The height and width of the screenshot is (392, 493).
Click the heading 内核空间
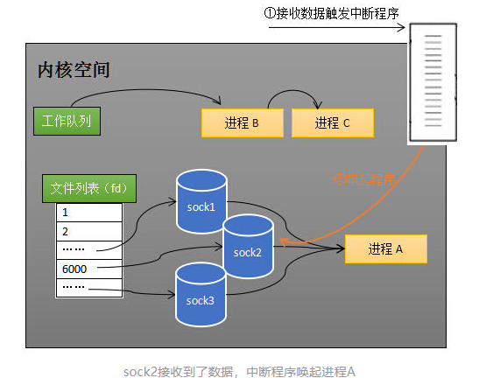pyautogui.click(x=74, y=69)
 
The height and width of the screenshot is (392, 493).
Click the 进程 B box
pyautogui.click(x=242, y=123)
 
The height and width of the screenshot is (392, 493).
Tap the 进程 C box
pyautogui.click(x=332, y=123)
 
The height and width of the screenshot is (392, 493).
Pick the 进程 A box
pyautogui.click(x=385, y=249)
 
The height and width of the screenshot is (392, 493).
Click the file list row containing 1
pyautogui.click(x=88, y=213)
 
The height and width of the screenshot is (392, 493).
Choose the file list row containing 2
pyautogui.click(x=88, y=231)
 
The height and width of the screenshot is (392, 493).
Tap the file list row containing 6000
pyautogui.click(x=88, y=268)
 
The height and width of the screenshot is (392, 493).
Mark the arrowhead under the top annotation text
pyautogui.click(x=405, y=28)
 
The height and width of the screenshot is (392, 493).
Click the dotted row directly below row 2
pyautogui.click(x=88, y=249)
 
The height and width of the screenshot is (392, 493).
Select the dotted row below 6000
pyautogui.click(x=88, y=286)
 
